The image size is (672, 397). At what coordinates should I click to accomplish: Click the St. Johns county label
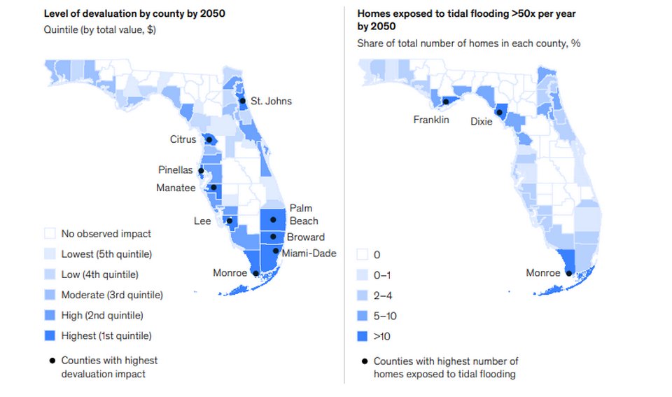tap(271, 102)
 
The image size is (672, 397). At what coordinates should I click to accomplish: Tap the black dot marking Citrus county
tap(208, 139)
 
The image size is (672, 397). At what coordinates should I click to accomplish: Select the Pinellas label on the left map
tap(175, 170)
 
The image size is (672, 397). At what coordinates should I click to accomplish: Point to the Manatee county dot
tap(213, 187)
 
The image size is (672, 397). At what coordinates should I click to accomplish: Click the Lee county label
tap(203, 221)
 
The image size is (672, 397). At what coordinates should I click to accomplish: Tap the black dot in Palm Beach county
tap(273, 220)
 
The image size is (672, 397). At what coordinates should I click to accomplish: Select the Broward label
tap(305, 237)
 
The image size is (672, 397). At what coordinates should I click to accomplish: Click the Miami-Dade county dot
tap(276, 251)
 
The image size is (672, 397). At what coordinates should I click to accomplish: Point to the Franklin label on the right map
tap(431, 120)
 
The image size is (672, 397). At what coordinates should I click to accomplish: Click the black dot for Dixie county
tap(500, 112)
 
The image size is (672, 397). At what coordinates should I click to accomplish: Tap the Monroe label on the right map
tap(543, 273)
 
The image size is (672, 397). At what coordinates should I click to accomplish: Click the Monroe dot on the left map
tap(256, 273)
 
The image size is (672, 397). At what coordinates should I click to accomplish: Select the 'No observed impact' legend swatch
tap(50, 234)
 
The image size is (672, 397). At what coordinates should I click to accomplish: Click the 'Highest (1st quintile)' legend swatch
tap(50, 336)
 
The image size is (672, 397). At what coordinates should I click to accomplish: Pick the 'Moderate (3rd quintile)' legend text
tap(112, 295)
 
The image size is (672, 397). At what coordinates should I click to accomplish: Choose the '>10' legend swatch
tap(363, 337)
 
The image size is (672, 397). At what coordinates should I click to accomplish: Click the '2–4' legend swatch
tap(363, 295)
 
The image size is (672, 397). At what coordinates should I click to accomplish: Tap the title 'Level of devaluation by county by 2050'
tap(134, 13)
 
